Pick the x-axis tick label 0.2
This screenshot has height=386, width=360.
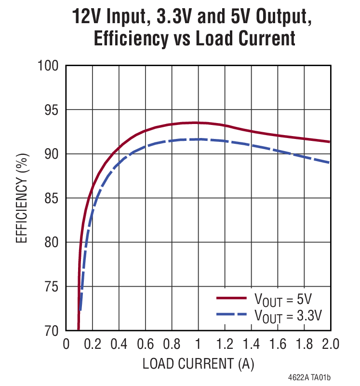point(92,345)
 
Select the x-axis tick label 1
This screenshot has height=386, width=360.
point(198,345)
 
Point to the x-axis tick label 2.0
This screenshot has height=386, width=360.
point(329,345)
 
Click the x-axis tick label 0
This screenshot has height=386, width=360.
point(66,345)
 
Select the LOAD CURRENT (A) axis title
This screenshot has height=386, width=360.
point(198,363)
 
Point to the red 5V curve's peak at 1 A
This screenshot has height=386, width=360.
point(198,123)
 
